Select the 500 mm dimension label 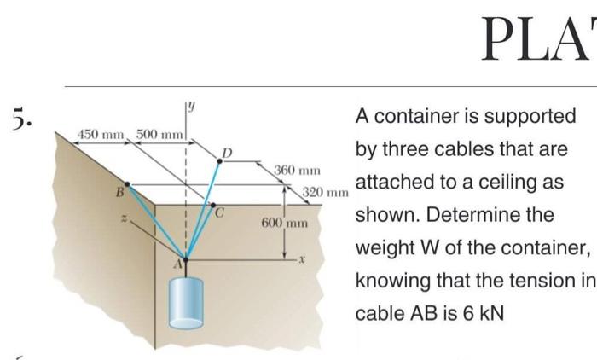pos(159,134)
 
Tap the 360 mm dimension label pos(297,171)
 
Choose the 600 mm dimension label pos(284,223)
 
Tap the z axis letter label pos(125,219)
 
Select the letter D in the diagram pos(227,154)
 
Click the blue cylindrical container pos(185,301)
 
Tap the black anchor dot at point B pos(127,183)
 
